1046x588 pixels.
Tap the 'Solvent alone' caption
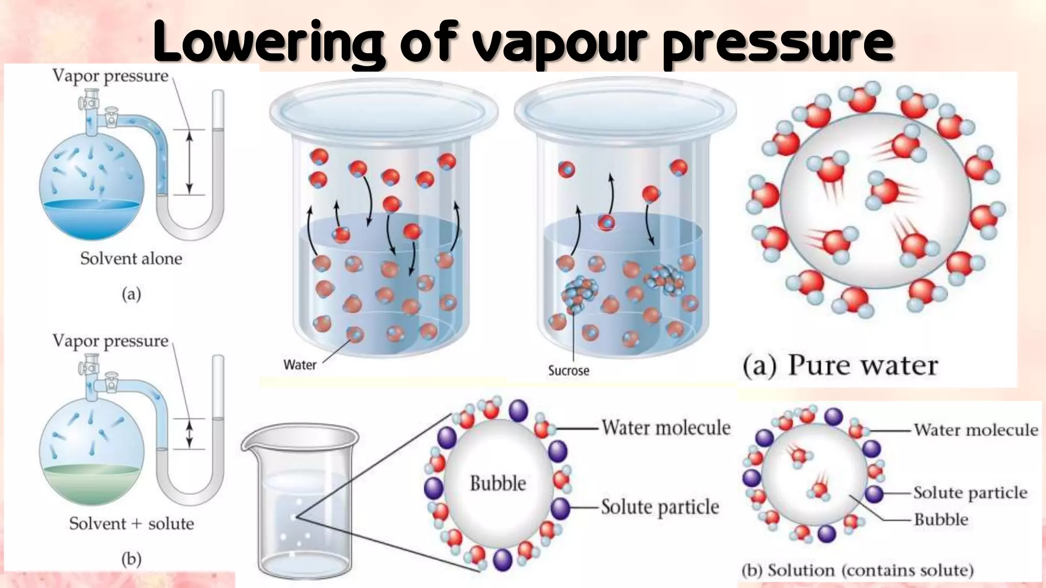coord(131,259)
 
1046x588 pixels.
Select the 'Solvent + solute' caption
coord(131,524)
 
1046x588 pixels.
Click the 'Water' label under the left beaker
coord(300,365)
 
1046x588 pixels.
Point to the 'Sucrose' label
coord(568,371)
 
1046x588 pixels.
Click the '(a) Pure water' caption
coord(840,366)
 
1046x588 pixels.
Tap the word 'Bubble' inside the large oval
coord(497,483)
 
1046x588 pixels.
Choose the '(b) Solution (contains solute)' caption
coord(858,570)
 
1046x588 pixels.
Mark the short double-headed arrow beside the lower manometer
coord(189,434)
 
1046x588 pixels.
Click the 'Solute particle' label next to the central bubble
coord(660,507)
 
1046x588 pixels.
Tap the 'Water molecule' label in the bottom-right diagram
coord(976,430)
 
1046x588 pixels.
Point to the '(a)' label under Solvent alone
coord(131,295)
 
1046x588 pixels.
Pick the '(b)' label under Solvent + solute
coord(131,559)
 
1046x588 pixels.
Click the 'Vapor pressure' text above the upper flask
coord(110,76)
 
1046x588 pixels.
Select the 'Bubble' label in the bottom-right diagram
coord(941,520)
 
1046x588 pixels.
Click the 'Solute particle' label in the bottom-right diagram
coord(970,493)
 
